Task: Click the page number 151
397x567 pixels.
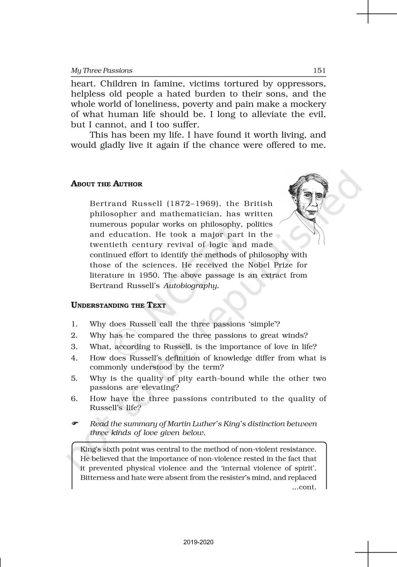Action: point(319,70)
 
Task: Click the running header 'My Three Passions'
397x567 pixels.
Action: point(102,71)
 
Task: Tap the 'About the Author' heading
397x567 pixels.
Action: point(107,184)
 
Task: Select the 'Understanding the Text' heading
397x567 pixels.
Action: point(118,305)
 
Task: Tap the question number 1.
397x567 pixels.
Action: point(74,324)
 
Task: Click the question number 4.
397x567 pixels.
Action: point(74,358)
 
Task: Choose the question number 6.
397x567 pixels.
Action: point(74,399)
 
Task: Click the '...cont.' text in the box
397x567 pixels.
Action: point(304,487)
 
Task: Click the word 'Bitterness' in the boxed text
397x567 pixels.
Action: point(98,477)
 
